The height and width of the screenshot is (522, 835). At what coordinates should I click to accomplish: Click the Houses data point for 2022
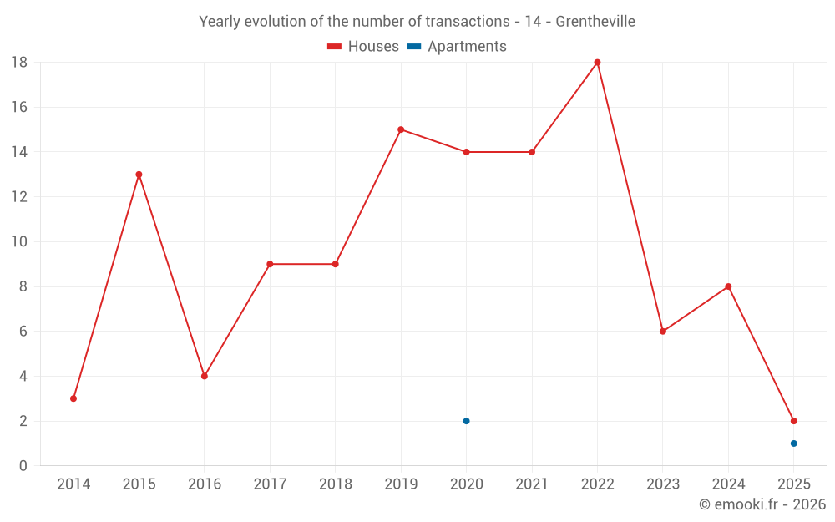tap(597, 62)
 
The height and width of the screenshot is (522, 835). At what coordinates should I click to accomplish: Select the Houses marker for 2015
tap(139, 175)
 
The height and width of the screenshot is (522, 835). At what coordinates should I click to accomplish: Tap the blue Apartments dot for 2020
tap(466, 421)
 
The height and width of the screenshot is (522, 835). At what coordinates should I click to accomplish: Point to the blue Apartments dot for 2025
tap(793, 443)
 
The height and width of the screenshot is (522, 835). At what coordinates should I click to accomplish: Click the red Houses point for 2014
tap(73, 398)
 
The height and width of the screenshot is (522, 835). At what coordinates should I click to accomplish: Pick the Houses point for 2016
tap(205, 376)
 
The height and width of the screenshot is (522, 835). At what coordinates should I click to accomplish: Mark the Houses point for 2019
tap(401, 129)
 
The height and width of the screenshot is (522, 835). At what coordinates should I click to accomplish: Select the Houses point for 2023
tap(663, 332)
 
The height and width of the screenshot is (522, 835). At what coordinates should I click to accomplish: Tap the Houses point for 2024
tap(728, 286)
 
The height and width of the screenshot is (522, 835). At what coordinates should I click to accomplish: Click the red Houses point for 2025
tap(793, 421)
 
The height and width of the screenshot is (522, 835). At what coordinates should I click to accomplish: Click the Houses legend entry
tap(363, 47)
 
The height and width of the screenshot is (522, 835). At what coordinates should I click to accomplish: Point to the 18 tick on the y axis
tap(19, 62)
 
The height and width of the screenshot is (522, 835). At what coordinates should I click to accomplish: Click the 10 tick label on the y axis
tap(19, 241)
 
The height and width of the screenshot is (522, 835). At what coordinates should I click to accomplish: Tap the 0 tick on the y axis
tap(23, 466)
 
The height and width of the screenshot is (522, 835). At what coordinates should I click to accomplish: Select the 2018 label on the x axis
tap(336, 484)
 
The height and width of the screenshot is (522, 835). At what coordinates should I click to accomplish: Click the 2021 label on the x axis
tap(532, 484)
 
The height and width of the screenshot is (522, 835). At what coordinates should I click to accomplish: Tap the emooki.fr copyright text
tap(762, 504)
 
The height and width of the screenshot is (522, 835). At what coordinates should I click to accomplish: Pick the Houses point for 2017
tap(270, 264)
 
